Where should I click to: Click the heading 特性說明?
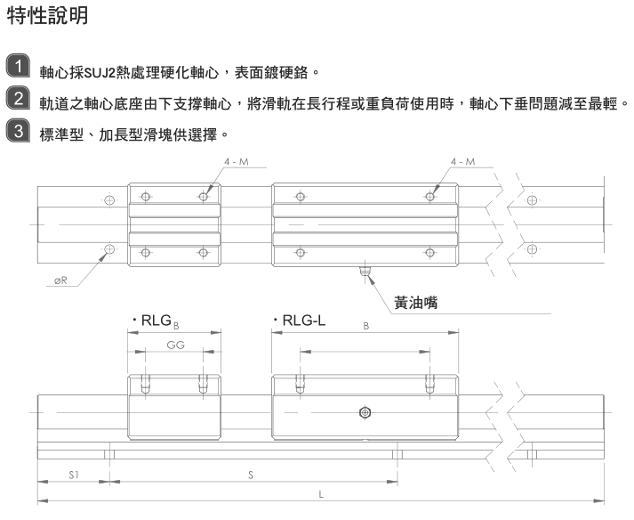[x=47, y=17]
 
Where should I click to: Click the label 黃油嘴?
[x=421, y=302]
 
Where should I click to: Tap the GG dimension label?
[x=174, y=345]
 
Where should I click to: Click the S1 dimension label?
[x=73, y=475]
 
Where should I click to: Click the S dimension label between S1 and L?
[x=251, y=475]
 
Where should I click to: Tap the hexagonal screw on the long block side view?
[x=363, y=412]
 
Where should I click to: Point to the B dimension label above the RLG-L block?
[x=365, y=328]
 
